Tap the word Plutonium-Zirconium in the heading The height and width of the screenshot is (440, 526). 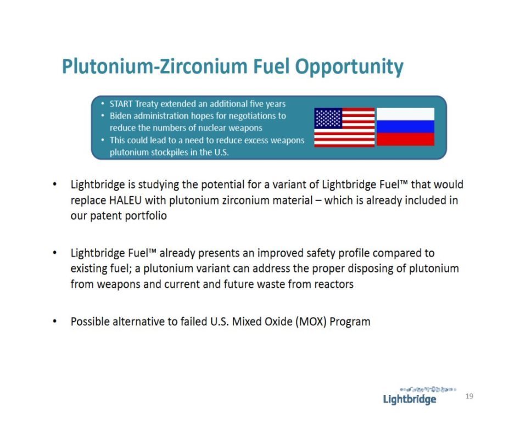pyautogui.click(x=155, y=66)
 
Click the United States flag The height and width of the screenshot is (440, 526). pyautogui.click(x=344, y=127)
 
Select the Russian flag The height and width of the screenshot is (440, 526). pyautogui.click(x=405, y=126)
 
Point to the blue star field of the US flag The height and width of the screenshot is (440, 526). pyautogui.click(x=328, y=118)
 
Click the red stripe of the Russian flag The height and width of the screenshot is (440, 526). pyautogui.click(x=405, y=139)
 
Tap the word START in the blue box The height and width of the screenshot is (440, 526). pyautogui.click(x=121, y=104)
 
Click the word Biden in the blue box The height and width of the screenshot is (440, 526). pyautogui.click(x=120, y=116)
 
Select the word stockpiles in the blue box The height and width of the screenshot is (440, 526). pyautogui.click(x=170, y=152)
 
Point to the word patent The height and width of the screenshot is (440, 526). pyautogui.click(x=106, y=216)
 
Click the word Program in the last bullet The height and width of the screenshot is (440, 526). pyautogui.click(x=350, y=322)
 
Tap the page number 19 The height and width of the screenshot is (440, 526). pyautogui.click(x=469, y=397)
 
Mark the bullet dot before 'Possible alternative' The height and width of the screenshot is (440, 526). pyautogui.click(x=55, y=321)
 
